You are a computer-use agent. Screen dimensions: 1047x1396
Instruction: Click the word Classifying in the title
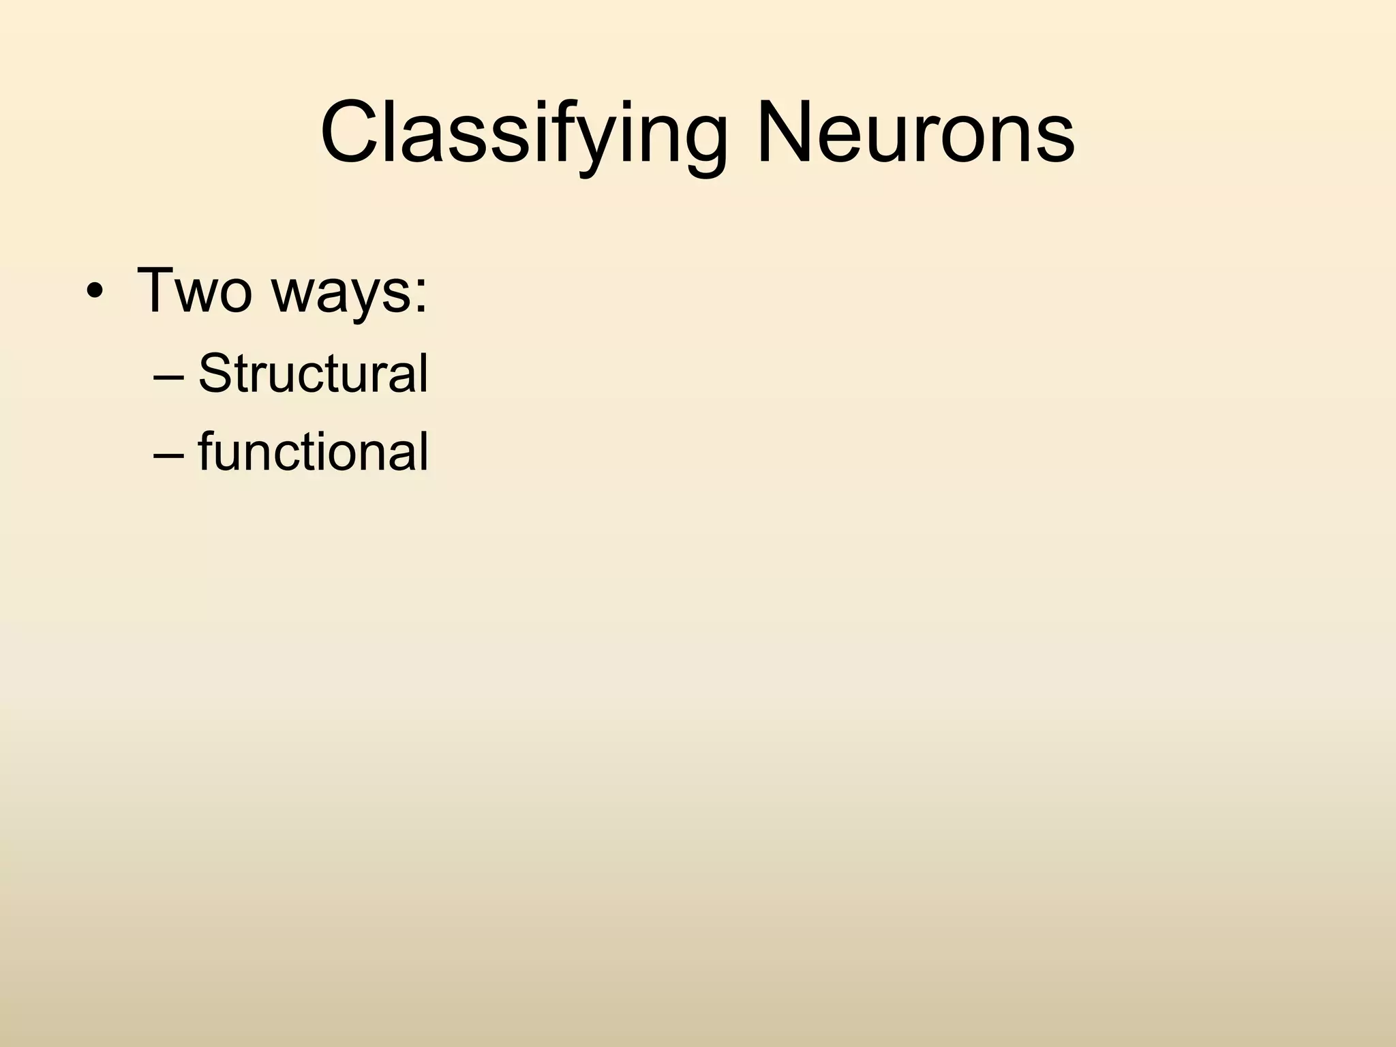523,132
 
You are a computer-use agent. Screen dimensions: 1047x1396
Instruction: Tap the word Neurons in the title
915,132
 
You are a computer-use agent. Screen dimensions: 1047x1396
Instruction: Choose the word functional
313,451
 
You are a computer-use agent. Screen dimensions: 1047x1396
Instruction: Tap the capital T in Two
160,290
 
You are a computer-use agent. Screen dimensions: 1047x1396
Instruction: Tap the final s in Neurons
1054,140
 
